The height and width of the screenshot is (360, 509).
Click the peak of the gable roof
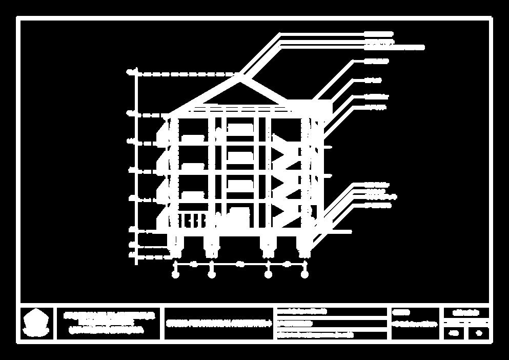click(x=240, y=76)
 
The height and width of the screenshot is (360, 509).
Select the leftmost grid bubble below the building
click(x=175, y=275)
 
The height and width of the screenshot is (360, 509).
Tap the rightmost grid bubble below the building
click(x=304, y=275)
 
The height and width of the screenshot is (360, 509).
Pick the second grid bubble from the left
click(x=212, y=275)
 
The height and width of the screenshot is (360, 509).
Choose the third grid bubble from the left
click(x=268, y=275)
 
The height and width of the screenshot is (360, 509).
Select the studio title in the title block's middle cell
click(x=218, y=324)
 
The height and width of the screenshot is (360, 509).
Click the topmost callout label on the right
click(x=378, y=34)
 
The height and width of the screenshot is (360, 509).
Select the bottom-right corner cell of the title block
click(x=479, y=333)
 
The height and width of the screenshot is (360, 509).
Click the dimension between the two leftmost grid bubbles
click(x=194, y=264)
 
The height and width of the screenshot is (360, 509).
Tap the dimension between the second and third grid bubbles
click(x=240, y=264)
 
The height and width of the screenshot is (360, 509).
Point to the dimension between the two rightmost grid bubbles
click(x=287, y=264)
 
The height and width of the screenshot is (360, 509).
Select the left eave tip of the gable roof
click(x=169, y=113)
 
